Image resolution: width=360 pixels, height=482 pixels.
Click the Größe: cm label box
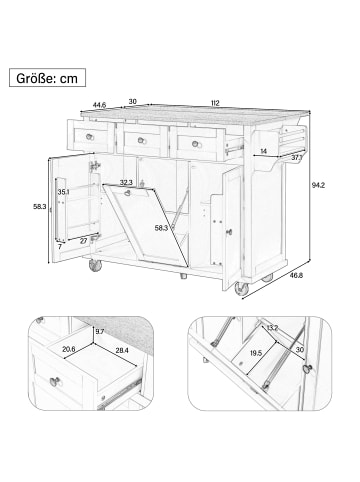[47, 78]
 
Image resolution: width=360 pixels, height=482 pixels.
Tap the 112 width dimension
[215, 103]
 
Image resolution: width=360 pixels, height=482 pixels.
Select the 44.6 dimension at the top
[99, 105]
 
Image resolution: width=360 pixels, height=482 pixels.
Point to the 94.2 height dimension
[318, 185]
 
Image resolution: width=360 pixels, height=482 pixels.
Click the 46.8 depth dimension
[296, 275]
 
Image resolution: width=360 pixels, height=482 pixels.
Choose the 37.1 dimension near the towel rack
[296, 158]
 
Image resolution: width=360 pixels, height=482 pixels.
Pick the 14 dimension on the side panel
[264, 151]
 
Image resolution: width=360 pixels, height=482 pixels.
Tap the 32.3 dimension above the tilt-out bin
[126, 182]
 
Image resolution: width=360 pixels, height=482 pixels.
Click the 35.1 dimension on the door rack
[63, 192]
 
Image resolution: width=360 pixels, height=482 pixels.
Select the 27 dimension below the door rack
[83, 241]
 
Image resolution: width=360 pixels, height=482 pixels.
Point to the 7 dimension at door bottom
[60, 247]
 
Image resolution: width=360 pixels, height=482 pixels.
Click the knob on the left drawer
[89, 137]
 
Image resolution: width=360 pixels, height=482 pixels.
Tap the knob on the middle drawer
[142, 140]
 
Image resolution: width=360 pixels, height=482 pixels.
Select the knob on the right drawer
[196, 144]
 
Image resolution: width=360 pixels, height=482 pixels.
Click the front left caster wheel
[95, 266]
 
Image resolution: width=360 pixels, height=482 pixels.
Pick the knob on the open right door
[229, 232]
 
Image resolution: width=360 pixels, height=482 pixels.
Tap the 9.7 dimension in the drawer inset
[100, 331]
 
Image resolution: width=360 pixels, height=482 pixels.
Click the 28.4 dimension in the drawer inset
[122, 350]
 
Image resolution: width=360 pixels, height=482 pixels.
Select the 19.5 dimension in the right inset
[256, 353]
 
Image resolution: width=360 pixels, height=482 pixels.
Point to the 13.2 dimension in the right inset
[272, 327]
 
